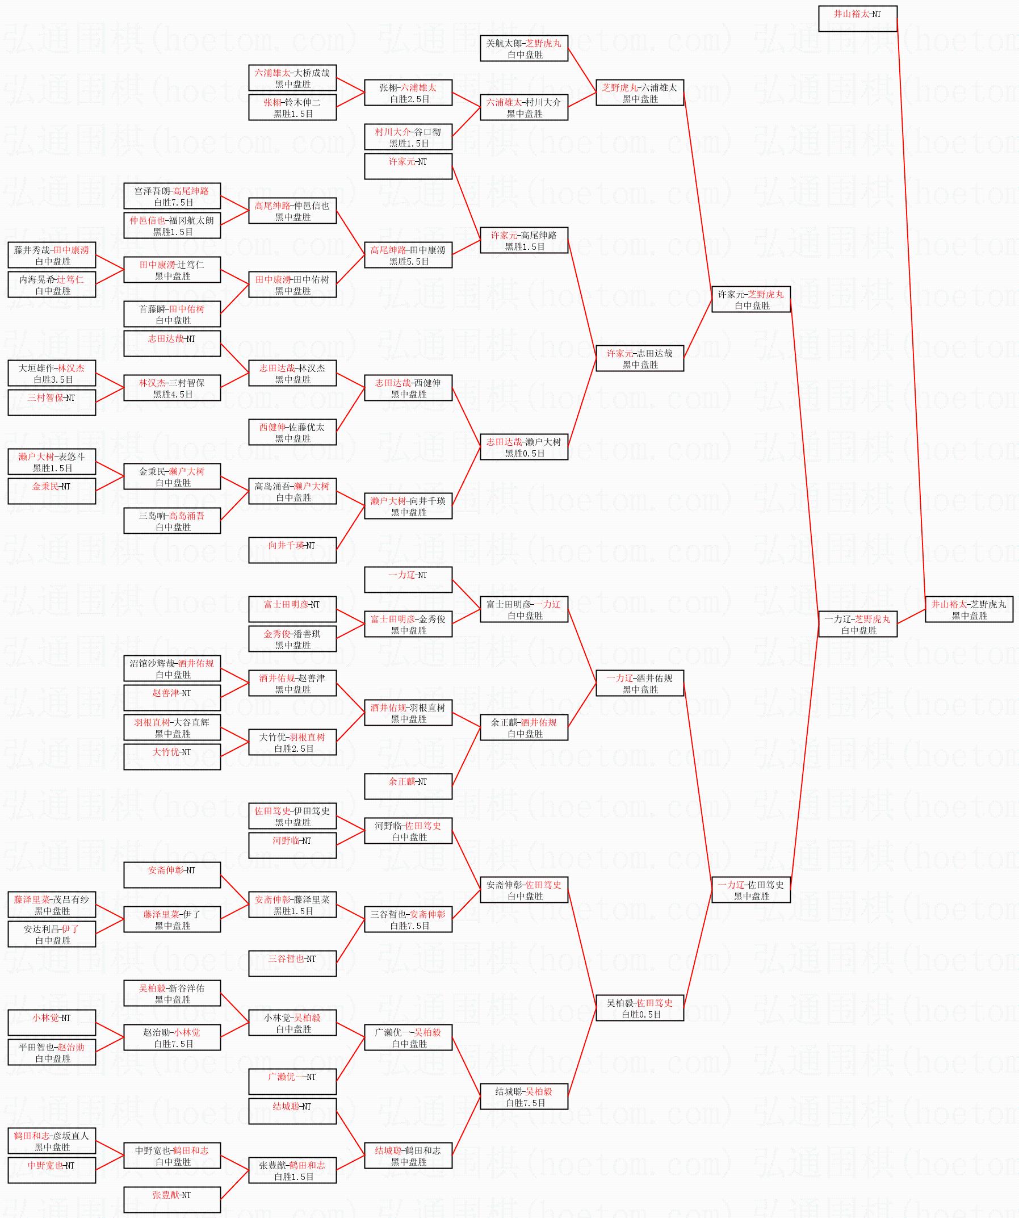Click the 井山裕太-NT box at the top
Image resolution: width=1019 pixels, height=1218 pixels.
pos(858,19)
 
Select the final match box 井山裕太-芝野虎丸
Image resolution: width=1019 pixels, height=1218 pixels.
pos(969,610)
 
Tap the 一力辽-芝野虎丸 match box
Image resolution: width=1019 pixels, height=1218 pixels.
pos(858,624)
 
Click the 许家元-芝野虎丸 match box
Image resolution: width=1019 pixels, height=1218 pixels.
pos(751,299)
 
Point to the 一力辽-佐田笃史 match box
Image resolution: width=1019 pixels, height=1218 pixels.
pos(751,890)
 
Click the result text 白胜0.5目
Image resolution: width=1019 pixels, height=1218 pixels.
pos(641,1014)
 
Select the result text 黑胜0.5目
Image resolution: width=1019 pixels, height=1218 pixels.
pos(525,454)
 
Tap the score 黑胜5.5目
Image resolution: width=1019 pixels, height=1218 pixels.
pos(409,262)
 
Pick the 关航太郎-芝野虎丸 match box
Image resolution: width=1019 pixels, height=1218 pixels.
pos(525,48)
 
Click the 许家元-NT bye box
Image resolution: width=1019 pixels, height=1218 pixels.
pos(408,166)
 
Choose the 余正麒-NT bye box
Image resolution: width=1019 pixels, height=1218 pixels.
pos(408,786)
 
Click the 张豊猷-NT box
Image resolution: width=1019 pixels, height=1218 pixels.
pos(172,1200)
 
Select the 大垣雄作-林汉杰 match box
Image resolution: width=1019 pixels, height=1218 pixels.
pos(52,373)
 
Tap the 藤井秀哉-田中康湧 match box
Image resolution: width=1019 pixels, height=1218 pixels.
pos(52,255)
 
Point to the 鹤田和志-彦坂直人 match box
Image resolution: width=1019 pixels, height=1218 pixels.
pos(52,1141)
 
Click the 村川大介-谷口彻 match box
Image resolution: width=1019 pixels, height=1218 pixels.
pos(408,137)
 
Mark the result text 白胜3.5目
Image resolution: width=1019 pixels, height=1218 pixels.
pos(53,380)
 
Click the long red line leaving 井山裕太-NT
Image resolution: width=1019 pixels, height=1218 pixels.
pos(911,314)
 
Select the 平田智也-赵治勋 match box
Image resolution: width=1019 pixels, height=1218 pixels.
pos(52,1052)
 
